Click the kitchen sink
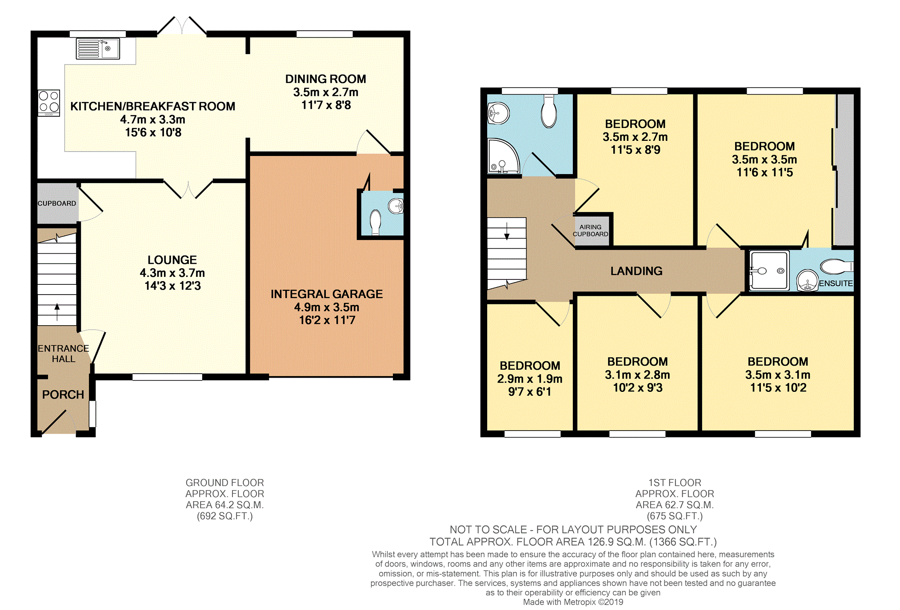[x=98, y=48]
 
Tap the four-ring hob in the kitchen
[x=49, y=103]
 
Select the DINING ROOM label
[x=326, y=79]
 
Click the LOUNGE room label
[x=172, y=260]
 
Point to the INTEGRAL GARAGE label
[x=327, y=294]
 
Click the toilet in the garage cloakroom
[x=376, y=222]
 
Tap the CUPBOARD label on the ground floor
[x=56, y=203]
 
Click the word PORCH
[x=63, y=395]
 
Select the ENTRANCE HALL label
[x=64, y=354]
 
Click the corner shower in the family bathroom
[x=503, y=156]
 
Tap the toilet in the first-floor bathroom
[x=549, y=112]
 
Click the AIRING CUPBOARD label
[x=590, y=231]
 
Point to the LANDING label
[x=636, y=271]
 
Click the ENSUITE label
[x=836, y=283]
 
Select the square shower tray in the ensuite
[x=769, y=271]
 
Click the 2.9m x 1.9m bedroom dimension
[x=530, y=379]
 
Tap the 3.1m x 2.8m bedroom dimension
[x=637, y=375]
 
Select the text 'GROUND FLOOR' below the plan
[x=225, y=482]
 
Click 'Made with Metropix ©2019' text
[x=573, y=602]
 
